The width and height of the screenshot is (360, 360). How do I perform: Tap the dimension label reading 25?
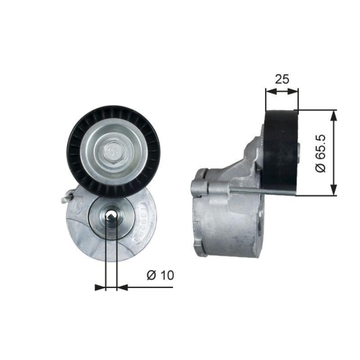pos(282,79)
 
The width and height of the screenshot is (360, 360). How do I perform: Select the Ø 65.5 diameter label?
pos(323,153)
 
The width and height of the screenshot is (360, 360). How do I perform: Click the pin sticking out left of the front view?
pos(66,195)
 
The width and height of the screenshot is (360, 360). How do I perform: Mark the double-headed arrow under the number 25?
pos(282,92)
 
